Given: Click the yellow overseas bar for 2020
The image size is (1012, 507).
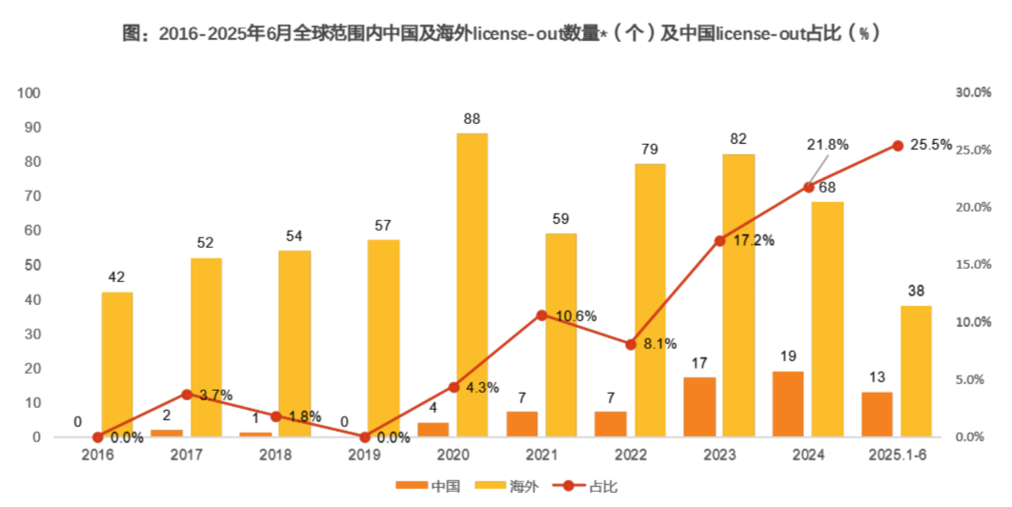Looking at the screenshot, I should pyautogui.click(x=472, y=285).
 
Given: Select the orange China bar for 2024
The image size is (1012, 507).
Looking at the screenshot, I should pyautogui.click(x=788, y=404).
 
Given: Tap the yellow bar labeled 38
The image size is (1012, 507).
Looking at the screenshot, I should pyautogui.click(x=916, y=371).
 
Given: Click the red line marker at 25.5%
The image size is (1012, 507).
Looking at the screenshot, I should pyautogui.click(x=898, y=146).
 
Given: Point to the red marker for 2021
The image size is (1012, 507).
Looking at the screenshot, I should pyautogui.click(x=542, y=314).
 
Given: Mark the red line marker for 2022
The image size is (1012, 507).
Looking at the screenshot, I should pyautogui.click(x=631, y=344).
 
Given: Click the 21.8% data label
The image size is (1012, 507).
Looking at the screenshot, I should pyautogui.click(x=827, y=144).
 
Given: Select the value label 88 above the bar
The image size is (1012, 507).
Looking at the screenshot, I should pyautogui.click(x=472, y=119).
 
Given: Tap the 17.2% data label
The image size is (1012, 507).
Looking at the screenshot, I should pyautogui.click(x=754, y=240).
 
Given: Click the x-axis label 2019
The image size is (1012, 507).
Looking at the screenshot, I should pyautogui.click(x=364, y=455).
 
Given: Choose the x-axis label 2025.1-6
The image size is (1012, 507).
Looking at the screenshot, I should pyautogui.click(x=898, y=455).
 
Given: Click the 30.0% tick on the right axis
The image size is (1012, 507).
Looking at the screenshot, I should pyautogui.click(x=973, y=93).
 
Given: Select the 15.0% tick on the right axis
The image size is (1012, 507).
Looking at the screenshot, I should pyautogui.click(x=973, y=265).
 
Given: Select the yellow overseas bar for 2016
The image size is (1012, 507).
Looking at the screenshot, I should pyautogui.click(x=117, y=364).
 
